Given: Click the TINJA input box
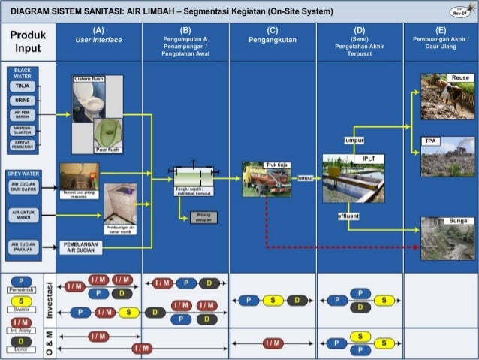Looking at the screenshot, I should (21, 86).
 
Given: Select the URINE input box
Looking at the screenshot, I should (21, 100).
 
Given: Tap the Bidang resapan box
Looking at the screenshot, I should (203, 216).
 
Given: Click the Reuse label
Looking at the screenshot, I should (459, 78).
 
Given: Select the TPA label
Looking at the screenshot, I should (430, 141).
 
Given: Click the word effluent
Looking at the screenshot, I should (348, 216).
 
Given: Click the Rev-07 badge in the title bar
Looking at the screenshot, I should (459, 12).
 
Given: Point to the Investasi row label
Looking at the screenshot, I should (50, 300).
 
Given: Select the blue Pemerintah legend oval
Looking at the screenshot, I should (20, 281).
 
